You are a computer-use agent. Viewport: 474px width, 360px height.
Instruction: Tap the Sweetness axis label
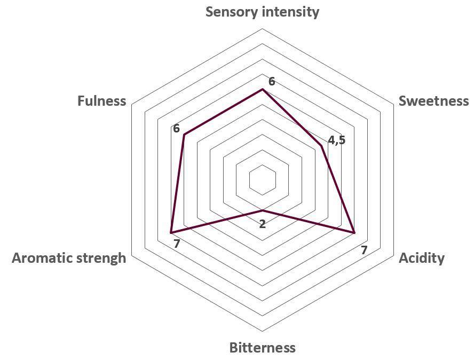pos(433,101)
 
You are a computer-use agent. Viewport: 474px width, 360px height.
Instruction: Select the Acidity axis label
pos(422,259)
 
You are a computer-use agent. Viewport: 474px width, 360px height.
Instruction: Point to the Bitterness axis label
pos(262,348)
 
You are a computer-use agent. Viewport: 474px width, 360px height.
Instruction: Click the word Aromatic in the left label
pos(44,259)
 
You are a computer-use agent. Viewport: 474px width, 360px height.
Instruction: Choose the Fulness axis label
pos(102,101)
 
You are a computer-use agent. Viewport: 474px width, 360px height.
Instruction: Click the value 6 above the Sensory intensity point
pos(272,82)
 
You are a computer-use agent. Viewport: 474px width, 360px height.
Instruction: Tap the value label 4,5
pos(337,140)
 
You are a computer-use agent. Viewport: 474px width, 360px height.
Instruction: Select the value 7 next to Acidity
pos(364,250)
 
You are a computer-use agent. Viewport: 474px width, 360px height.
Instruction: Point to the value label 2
pos(263,224)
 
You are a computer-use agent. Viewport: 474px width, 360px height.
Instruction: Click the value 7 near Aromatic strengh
pos(177,244)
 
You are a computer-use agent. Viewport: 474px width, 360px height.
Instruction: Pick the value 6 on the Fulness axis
pos(176,129)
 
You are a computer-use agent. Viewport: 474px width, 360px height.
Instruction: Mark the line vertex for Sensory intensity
pos(262,89)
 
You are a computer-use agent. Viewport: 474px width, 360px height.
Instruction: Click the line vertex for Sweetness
pos(321,145)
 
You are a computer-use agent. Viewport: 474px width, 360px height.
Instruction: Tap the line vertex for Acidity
pos(354,233)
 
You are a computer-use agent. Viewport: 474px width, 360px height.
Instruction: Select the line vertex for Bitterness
pos(262,210)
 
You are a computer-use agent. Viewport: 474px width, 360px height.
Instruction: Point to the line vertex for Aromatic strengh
pos(171,233)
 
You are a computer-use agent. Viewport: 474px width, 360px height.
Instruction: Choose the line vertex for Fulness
pos(184,135)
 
